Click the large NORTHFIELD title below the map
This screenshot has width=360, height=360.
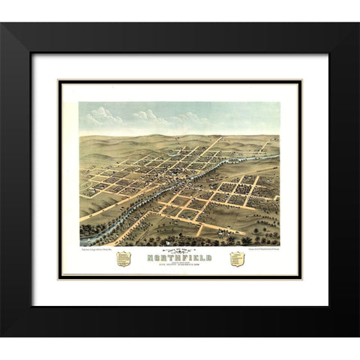(180, 256)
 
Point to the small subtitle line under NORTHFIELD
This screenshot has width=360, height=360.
(180, 264)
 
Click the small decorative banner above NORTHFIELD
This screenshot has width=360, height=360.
(180, 250)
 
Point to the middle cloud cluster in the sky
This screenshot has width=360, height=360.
(150, 116)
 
